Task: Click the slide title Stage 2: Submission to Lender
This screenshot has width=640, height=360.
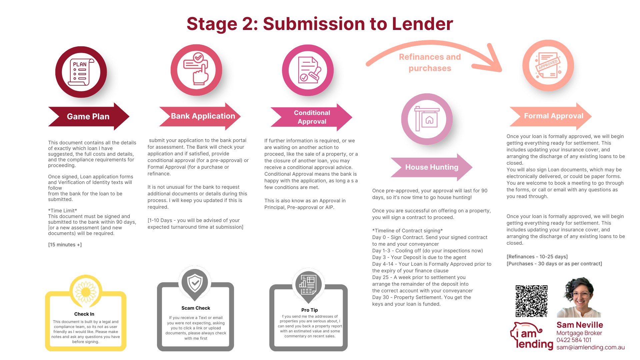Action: (x=320, y=24)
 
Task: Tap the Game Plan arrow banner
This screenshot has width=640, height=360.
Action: (x=88, y=116)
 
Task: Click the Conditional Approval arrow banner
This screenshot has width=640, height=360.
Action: (x=312, y=117)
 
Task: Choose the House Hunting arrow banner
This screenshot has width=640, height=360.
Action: (x=432, y=167)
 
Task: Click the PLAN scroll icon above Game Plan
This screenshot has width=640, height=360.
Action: (x=81, y=72)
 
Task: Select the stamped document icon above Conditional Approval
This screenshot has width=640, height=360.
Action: (x=308, y=70)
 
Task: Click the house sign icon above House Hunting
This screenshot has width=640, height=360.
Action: (x=427, y=119)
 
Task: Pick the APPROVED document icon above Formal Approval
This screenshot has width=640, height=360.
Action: (x=548, y=65)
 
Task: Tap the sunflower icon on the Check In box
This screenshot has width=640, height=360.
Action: (x=86, y=291)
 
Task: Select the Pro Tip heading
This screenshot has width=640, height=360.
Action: (x=309, y=310)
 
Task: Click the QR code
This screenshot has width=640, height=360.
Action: (x=531, y=301)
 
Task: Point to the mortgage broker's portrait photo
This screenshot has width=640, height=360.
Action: (x=579, y=298)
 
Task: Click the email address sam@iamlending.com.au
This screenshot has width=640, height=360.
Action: (x=590, y=347)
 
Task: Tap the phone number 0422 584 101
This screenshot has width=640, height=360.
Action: (x=574, y=340)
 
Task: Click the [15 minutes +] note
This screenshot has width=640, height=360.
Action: (x=65, y=245)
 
